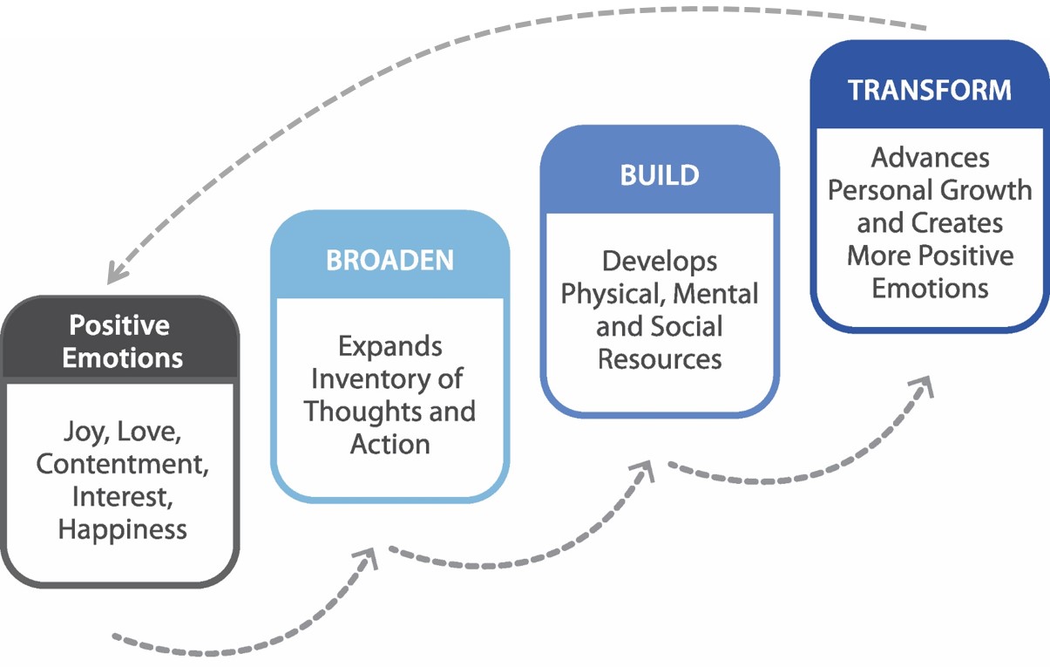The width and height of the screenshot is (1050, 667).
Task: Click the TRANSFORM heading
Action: tap(930, 90)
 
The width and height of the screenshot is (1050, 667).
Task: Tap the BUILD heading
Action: tap(660, 175)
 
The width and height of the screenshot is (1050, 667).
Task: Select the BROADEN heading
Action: tap(390, 260)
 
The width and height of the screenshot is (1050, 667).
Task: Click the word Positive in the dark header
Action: tap(119, 324)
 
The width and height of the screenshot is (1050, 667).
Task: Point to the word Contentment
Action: tap(122, 464)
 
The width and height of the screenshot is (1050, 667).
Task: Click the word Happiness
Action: tap(122, 530)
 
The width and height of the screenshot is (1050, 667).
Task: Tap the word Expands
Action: tap(390, 347)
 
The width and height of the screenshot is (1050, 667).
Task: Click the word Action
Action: tap(390, 444)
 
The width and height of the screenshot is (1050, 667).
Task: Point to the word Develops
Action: tap(660, 262)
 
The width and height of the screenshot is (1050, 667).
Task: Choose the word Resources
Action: tap(660, 360)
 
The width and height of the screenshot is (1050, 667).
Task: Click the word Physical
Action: tap(613, 295)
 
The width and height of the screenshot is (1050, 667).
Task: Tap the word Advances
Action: tap(930, 158)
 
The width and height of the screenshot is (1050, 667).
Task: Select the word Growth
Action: tap(986, 190)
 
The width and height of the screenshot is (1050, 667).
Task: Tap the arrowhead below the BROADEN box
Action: tap(368, 557)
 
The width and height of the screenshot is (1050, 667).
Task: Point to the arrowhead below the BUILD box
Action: tap(644, 471)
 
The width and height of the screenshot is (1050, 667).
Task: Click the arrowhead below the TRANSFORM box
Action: tap(923, 386)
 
